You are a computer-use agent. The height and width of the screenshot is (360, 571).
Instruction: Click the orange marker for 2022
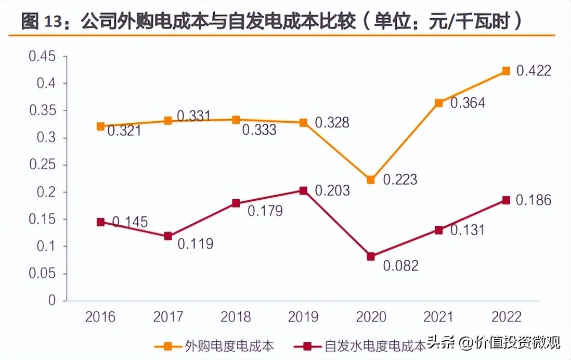505,71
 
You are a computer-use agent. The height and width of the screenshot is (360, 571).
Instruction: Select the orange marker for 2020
371,179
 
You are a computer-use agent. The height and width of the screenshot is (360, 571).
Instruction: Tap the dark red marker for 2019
303,190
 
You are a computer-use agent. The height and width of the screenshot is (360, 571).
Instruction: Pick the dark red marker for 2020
371,256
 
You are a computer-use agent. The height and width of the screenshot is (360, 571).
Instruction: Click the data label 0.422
533,71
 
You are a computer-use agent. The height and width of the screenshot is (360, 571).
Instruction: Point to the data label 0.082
400,265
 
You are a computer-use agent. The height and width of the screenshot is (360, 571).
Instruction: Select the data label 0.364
468,103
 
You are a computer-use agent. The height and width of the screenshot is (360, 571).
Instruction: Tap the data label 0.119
196,243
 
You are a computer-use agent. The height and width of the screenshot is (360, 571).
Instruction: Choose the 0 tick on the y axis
50,300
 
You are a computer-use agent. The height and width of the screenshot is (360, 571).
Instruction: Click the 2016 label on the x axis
100,316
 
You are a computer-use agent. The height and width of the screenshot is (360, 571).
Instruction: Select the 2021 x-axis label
438,316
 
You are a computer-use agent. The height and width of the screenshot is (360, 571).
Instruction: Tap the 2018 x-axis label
236,316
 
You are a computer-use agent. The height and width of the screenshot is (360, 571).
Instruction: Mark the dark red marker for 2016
101,222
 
